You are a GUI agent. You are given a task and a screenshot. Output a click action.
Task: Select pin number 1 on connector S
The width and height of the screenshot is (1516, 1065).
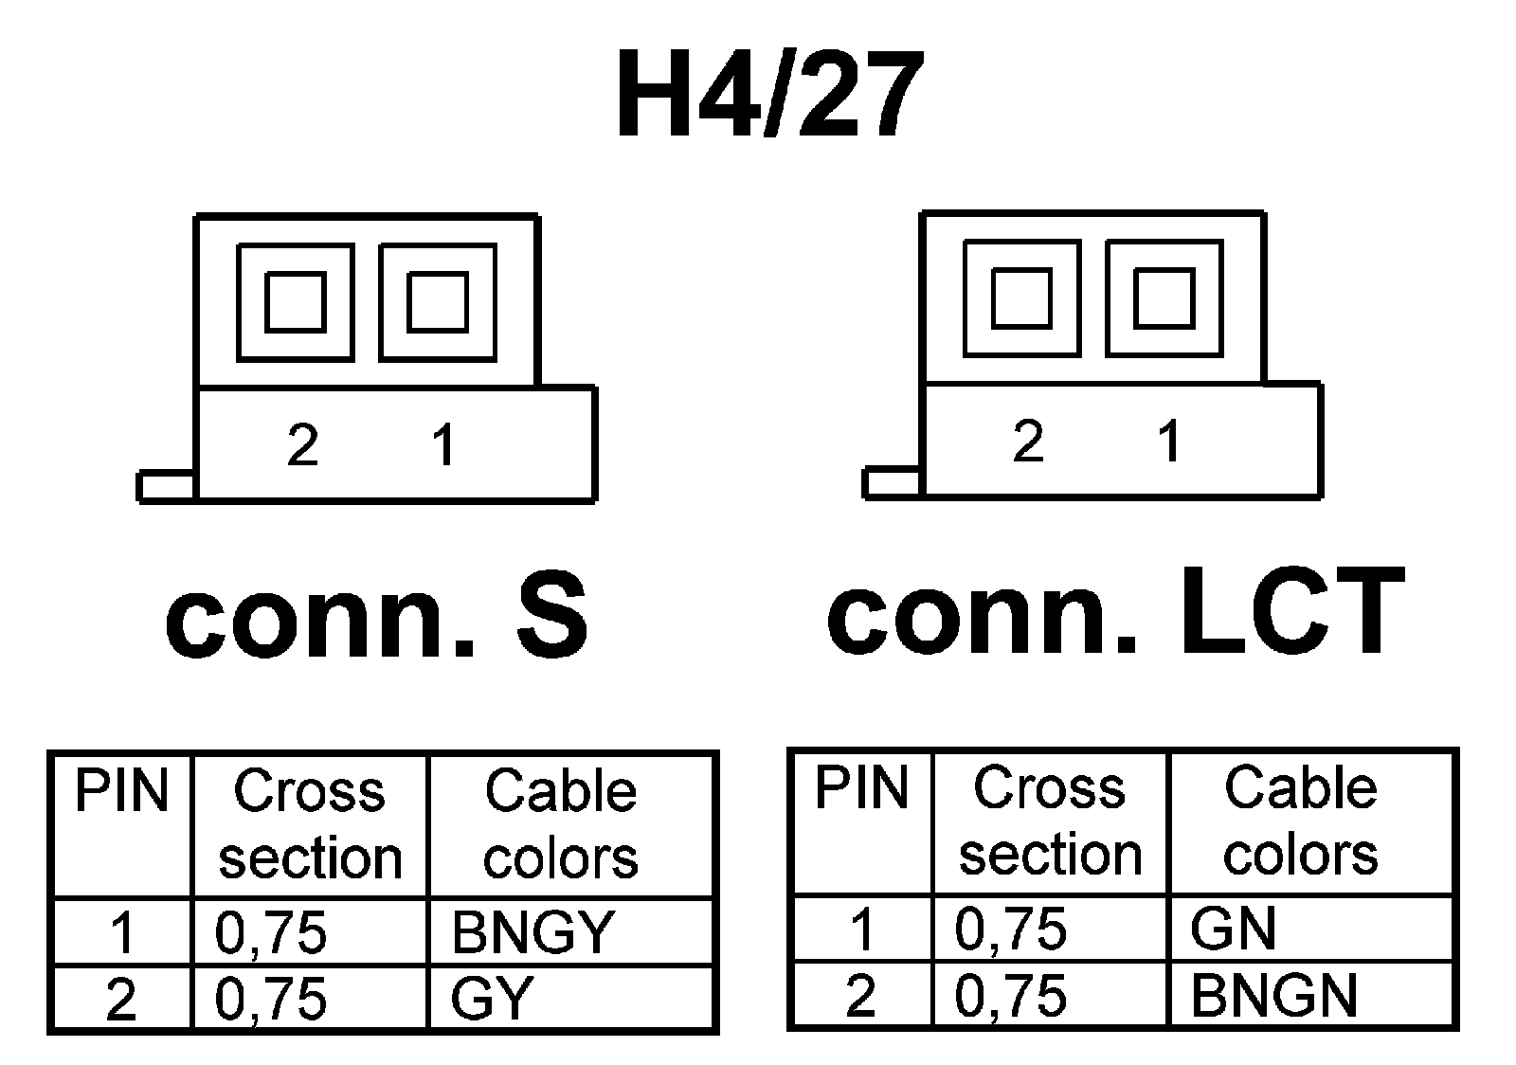click(x=442, y=444)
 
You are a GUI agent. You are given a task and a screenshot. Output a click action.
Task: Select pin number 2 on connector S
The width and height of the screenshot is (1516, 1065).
click(x=302, y=444)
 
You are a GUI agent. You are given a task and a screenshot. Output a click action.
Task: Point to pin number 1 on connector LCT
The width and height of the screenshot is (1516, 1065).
click(x=1170, y=441)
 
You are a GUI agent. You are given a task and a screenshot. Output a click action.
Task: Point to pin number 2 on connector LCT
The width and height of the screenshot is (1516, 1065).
click(x=1028, y=441)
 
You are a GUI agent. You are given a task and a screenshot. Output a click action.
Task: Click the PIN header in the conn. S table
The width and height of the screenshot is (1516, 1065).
click(x=121, y=792)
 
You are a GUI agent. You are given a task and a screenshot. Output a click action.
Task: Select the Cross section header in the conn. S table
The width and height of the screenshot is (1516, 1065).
click(x=310, y=824)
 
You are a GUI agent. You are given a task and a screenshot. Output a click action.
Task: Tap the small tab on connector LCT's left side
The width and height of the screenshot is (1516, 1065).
click(x=892, y=482)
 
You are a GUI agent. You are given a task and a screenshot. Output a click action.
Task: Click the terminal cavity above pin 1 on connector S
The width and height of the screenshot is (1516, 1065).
click(x=438, y=302)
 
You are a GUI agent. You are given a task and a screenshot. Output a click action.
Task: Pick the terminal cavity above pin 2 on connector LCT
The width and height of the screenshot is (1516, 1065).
click(x=1021, y=298)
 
